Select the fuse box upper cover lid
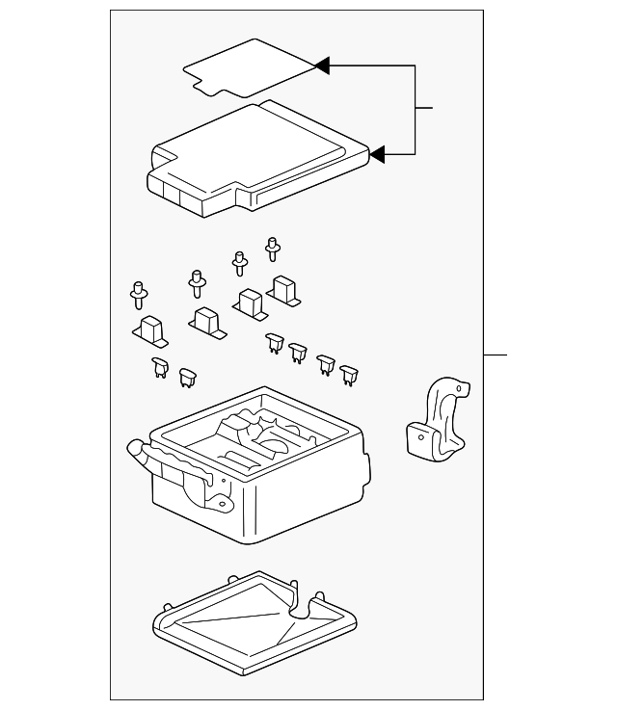(255, 154)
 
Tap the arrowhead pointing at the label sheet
(323, 66)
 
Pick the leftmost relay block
(150, 329)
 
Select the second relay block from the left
(206, 322)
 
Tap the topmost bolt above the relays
(272, 249)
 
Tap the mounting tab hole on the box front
(221, 501)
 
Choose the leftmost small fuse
(158, 365)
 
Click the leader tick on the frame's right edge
(495, 355)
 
